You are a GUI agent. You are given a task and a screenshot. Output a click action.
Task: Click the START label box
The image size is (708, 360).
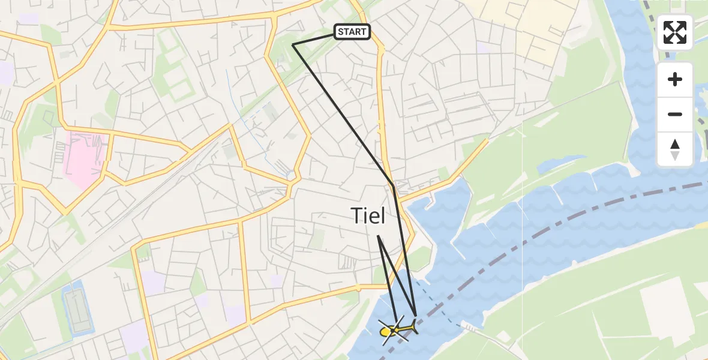[352, 32]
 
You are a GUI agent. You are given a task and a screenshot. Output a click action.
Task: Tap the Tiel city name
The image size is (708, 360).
[367, 215]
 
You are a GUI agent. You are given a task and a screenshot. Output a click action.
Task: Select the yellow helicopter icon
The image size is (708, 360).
[398, 329]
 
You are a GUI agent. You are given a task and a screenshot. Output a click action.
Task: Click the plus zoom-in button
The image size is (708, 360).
[675, 79]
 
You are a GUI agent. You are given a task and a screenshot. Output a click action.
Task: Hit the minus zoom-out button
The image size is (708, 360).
[675, 114]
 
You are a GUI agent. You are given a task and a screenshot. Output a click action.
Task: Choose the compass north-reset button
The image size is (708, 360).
[675, 149]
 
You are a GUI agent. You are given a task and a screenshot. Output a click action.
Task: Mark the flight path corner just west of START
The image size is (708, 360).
[292, 44]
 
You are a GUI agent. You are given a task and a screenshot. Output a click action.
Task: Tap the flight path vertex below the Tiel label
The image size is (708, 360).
[378, 236]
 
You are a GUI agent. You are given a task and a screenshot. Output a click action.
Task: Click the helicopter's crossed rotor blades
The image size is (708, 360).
[393, 330]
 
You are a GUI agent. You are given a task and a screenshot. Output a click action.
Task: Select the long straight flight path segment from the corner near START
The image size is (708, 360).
[342, 114]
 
